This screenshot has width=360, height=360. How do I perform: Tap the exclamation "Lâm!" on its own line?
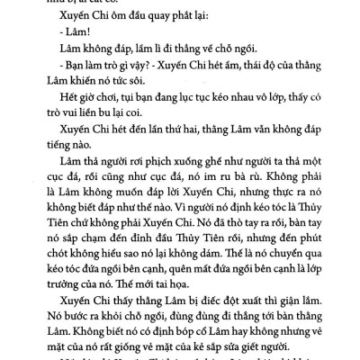[x=57, y=47]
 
